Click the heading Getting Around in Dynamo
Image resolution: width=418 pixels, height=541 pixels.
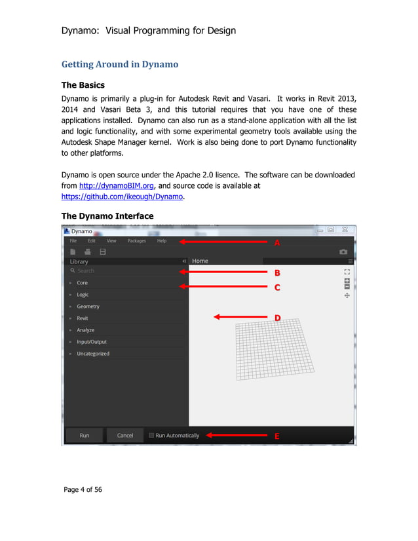pyautogui.click(x=119, y=64)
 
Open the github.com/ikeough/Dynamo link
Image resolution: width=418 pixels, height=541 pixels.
pyautogui.click(x=122, y=196)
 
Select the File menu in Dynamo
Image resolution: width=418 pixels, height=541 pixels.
pyautogui.click(x=73, y=241)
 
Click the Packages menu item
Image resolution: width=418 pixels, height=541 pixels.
pyautogui.click(x=136, y=241)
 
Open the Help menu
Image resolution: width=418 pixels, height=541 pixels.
pyautogui.click(x=162, y=241)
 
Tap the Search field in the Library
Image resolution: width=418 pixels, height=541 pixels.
pyautogui.click(x=124, y=270)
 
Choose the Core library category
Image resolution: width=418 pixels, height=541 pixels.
pyautogui.click(x=82, y=283)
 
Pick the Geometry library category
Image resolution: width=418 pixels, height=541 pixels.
pyautogui.click(x=88, y=307)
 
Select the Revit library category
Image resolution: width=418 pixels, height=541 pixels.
pyautogui.click(x=83, y=318)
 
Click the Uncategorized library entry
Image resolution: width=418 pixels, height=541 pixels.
pyautogui.click(x=93, y=354)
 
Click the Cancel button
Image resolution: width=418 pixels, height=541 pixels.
pyautogui.click(x=125, y=436)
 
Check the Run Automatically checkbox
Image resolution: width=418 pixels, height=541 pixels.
pyautogui.click(x=152, y=436)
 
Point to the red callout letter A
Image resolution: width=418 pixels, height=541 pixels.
pyautogui.click(x=277, y=242)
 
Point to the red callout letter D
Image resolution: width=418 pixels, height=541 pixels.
pyautogui.click(x=277, y=318)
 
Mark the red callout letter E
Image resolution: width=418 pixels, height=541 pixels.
pyautogui.click(x=277, y=436)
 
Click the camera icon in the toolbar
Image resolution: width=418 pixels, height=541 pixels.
pyautogui.click(x=343, y=252)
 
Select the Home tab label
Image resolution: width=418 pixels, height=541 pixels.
pyautogui.click(x=200, y=261)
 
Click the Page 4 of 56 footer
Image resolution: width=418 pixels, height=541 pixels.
pyautogui.click(x=83, y=490)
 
